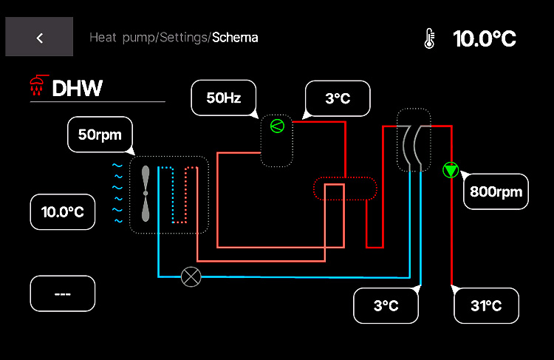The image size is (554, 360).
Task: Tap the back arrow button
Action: click(x=39, y=37)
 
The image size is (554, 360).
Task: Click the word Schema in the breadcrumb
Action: click(x=235, y=37)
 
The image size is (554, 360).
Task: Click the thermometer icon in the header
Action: click(x=429, y=38)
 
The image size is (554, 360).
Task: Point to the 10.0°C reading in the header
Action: click(x=484, y=38)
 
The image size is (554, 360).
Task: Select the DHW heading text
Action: click(x=77, y=89)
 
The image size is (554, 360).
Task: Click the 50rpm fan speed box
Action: click(x=100, y=135)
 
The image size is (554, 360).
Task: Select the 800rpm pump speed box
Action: click(x=496, y=192)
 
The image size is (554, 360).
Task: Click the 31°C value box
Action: click(x=486, y=305)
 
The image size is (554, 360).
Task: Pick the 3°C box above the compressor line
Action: click(x=337, y=98)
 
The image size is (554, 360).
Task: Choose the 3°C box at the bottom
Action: click(x=386, y=305)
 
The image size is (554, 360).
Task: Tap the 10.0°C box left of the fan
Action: click(x=63, y=212)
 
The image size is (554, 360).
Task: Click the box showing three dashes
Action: click(x=63, y=293)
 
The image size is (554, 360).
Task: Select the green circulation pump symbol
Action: click(x=451, y=170)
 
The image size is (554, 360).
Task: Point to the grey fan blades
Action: click(x=146, y=193)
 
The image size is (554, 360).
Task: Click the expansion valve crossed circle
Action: click(x=191, y=277)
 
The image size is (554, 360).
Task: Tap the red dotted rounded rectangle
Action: click(x=345, y=189)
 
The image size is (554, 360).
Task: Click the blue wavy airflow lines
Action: click(x=117, y=193)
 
